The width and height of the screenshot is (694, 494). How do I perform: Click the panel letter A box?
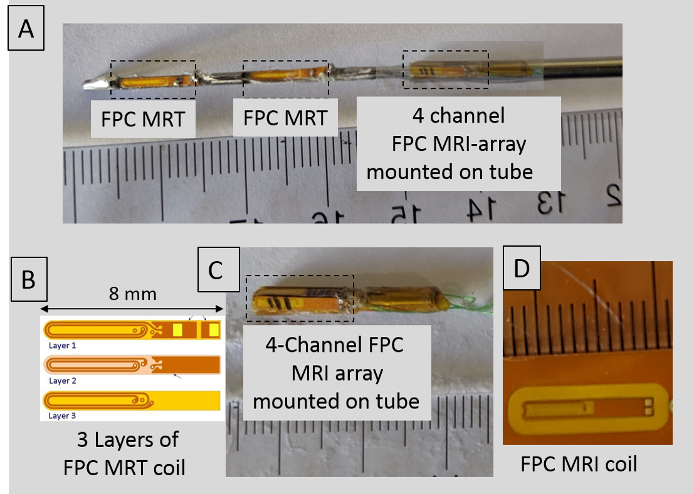[x=26, y=29]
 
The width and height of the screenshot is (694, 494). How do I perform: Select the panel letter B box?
[x=28, y=280]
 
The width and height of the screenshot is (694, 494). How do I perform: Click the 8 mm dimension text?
[x=132, y=293]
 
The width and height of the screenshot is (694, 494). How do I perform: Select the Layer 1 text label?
[x=63, y=344]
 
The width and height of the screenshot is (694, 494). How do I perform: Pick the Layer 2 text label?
[x=63, y=380]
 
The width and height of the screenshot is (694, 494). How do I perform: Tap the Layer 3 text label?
[x=63, y=415]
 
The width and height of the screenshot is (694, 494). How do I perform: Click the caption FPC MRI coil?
[x=579, y=465]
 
